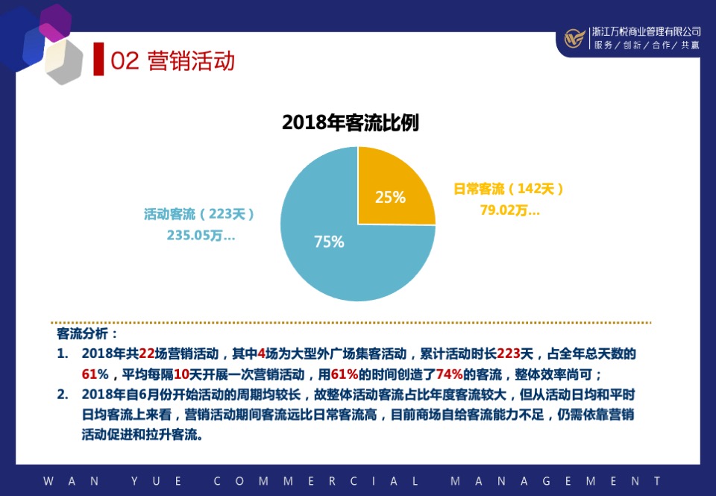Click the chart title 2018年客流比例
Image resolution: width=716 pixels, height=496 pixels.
tap(350, 123)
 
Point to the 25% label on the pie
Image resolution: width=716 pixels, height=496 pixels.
tap(390, 198)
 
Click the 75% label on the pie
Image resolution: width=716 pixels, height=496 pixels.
tap(329, 242)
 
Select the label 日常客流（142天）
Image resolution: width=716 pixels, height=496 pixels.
tap(509, 189)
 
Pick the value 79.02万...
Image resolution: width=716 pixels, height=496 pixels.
tap(509, 210)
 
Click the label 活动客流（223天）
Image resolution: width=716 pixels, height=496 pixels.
tap(200, 214)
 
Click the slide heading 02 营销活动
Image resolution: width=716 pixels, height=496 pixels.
tap(172, 60)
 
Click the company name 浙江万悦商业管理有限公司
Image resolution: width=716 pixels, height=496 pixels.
tap(646, 32)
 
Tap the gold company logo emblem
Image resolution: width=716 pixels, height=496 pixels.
tap(574, 38)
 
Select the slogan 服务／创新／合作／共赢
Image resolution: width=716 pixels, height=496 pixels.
tap(646, 45)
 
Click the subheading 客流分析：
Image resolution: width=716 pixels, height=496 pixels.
tap(87, 333)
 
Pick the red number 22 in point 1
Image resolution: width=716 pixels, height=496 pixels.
tap(146, 354)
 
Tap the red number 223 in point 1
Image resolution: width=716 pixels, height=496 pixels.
tap(509, 354)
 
